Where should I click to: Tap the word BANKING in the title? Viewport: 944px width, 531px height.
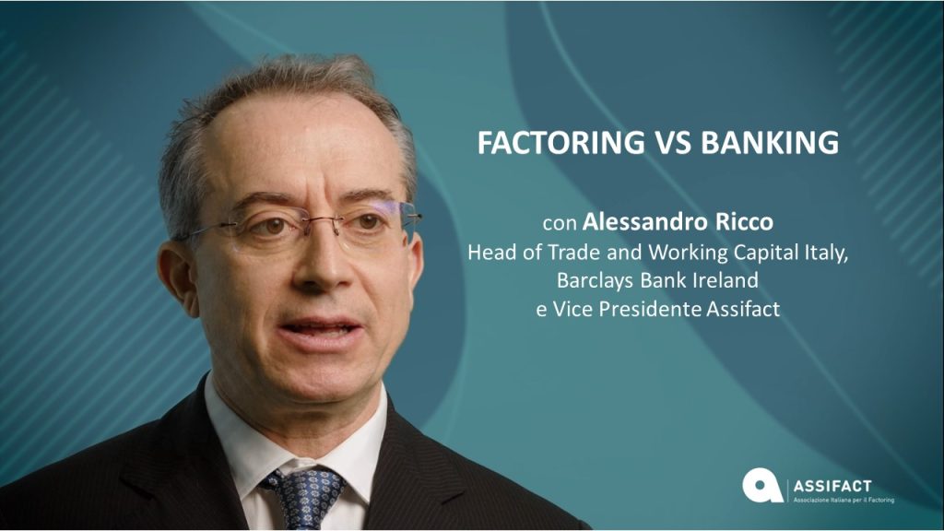click(x=770, y=143)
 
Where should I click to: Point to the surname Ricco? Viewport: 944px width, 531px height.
click(x=744, y=222)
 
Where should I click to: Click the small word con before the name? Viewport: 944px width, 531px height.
click(x=560, y=224)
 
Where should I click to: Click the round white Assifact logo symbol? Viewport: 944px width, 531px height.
click(x=762, y=485)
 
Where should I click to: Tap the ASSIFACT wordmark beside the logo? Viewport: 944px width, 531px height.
click(x=832, y=486)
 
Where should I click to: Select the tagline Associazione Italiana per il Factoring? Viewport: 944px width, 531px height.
click(x=844, y=501)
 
